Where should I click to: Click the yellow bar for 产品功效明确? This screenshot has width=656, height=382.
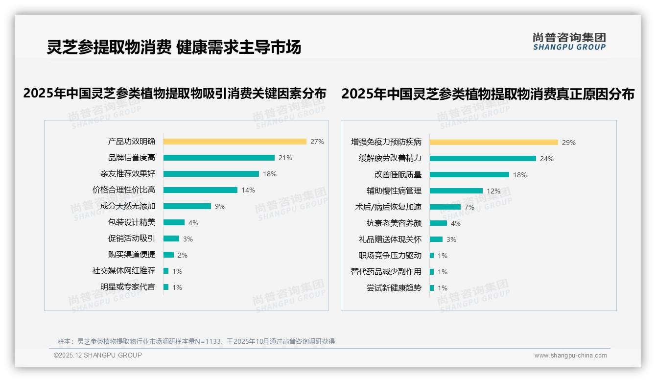tap(234, 142)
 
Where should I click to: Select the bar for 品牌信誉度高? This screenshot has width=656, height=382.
tap(219, 158)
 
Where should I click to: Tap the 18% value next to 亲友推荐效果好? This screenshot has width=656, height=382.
tap(270, 174)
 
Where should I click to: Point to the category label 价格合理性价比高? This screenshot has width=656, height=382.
tap(124, 190)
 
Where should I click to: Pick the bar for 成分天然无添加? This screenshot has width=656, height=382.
tap(187, 206)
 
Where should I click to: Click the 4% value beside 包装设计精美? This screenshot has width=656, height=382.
tap(193, 223)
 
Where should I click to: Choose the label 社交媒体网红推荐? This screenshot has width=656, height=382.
tap(124, 271)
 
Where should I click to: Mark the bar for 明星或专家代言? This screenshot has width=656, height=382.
tap(166, 287)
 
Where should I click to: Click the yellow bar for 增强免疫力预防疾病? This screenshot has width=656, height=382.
tap(493, 143)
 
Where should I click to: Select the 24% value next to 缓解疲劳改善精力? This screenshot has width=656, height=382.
tap(547, 159)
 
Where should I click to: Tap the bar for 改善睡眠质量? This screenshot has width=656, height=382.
tap(469, 174)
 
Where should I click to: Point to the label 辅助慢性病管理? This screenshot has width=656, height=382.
tap(394, 191)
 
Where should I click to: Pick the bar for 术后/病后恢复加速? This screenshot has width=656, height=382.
tap(445, 207)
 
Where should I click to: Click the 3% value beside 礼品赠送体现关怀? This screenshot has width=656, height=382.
tap(451, 239)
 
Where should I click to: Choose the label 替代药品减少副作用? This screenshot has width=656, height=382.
tap(386, 272)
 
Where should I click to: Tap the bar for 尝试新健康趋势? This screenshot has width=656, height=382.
tap(432, 288)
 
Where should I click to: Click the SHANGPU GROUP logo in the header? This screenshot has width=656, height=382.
tap(569, 42)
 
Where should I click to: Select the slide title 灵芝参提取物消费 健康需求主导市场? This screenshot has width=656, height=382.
tap(174, 47)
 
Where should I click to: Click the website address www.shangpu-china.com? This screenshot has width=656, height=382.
tap(570, 356)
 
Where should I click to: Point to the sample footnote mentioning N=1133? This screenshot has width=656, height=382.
tap(196, 341)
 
